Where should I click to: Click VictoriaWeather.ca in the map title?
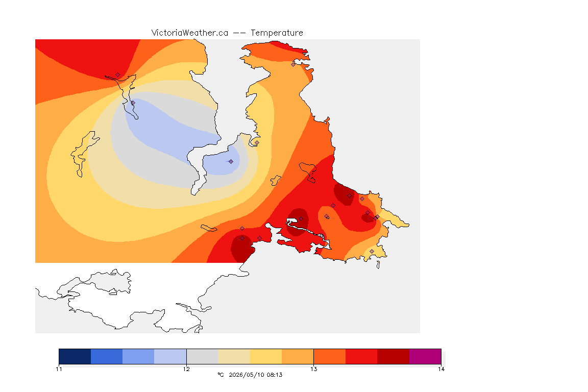click(x=190, y=33)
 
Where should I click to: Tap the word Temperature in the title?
click(x=277, y=33)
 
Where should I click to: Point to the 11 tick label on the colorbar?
click(x=59, y=369)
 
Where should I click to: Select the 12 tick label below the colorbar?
click(x=186, y=369)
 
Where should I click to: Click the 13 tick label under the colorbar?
click(x=313, y=369)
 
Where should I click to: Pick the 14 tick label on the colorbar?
click(x=441, y=369)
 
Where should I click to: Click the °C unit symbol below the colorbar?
click(x=220, y=375)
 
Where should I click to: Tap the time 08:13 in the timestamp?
click(x=275, y=375)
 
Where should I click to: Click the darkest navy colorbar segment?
click(x=75, y=356)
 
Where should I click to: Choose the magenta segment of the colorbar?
click(x=425, y=356)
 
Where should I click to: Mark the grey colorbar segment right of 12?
click(x=203, y=356)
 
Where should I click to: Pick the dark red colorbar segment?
click(x=394, y=356)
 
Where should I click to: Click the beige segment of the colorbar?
click(x=234, y=356)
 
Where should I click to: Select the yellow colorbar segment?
click(x=266, y=356)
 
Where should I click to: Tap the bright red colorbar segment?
click(x=361, y=356)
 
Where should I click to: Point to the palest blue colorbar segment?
click(x=170, y=356)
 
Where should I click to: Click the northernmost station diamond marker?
click(x=293, y=64)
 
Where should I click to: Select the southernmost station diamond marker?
click(x=372, y=251)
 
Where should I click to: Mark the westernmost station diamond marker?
click(x=118, y=75)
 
